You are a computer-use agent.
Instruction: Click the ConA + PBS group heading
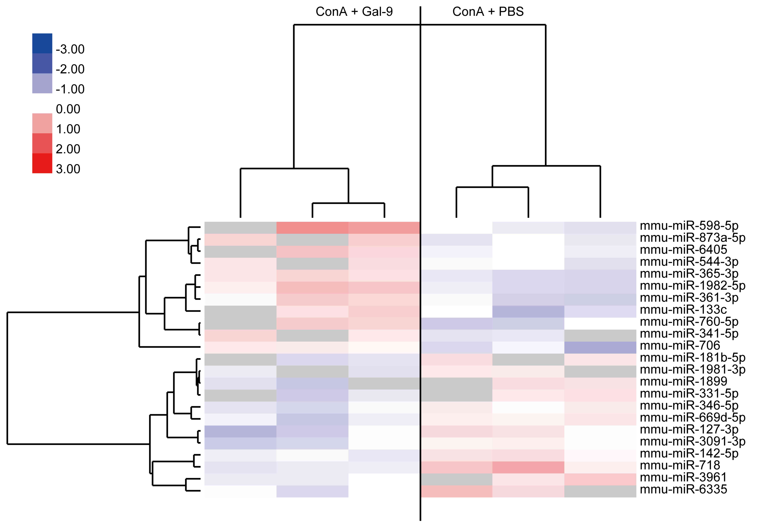(x=488, y=12)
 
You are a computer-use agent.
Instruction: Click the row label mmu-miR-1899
(x=683, y=381)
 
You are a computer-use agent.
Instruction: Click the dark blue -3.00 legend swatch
(x=42, y=43)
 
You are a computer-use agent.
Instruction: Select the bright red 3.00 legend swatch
(x=42, y=163)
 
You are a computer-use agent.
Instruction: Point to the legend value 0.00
(x=68, y=109)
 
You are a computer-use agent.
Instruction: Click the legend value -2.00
(x=70, y=69)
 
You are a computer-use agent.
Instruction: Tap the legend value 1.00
(x=68, y=129)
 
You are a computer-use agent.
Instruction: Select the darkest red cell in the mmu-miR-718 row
(x=528, y=467)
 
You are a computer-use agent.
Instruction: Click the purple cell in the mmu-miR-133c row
(x=528, y=312)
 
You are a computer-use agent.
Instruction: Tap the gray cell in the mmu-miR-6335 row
(x=600, y=491)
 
